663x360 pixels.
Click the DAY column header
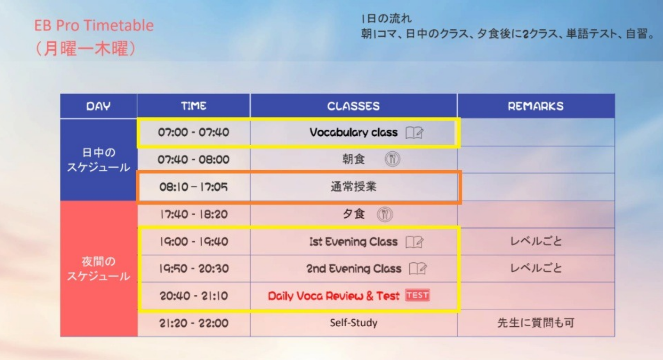point(99,106)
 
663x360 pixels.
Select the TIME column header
point(194,106)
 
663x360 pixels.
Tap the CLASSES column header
point(353,106)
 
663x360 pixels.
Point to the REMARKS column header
point(535,106)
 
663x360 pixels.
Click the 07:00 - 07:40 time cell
point(194,132)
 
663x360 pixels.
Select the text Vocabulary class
point(353,132)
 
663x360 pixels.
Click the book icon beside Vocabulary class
point(414,133)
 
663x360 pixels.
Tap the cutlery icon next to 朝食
point(392,159)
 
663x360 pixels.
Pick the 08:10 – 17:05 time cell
point(194,187)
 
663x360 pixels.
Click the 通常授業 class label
point(354,187)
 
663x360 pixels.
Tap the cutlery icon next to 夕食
point(385,214)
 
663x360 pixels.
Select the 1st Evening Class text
point(353,242)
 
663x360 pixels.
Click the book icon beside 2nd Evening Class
point(418,269)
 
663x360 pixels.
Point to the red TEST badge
point(418,295)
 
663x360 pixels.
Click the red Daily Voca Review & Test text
point(333,296)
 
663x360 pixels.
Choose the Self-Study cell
point(354,323)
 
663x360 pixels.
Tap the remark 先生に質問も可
point(535,323)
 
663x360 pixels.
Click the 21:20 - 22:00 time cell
point(194,323)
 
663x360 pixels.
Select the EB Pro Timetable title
point(94,25)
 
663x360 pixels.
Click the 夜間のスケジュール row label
point(99,268)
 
